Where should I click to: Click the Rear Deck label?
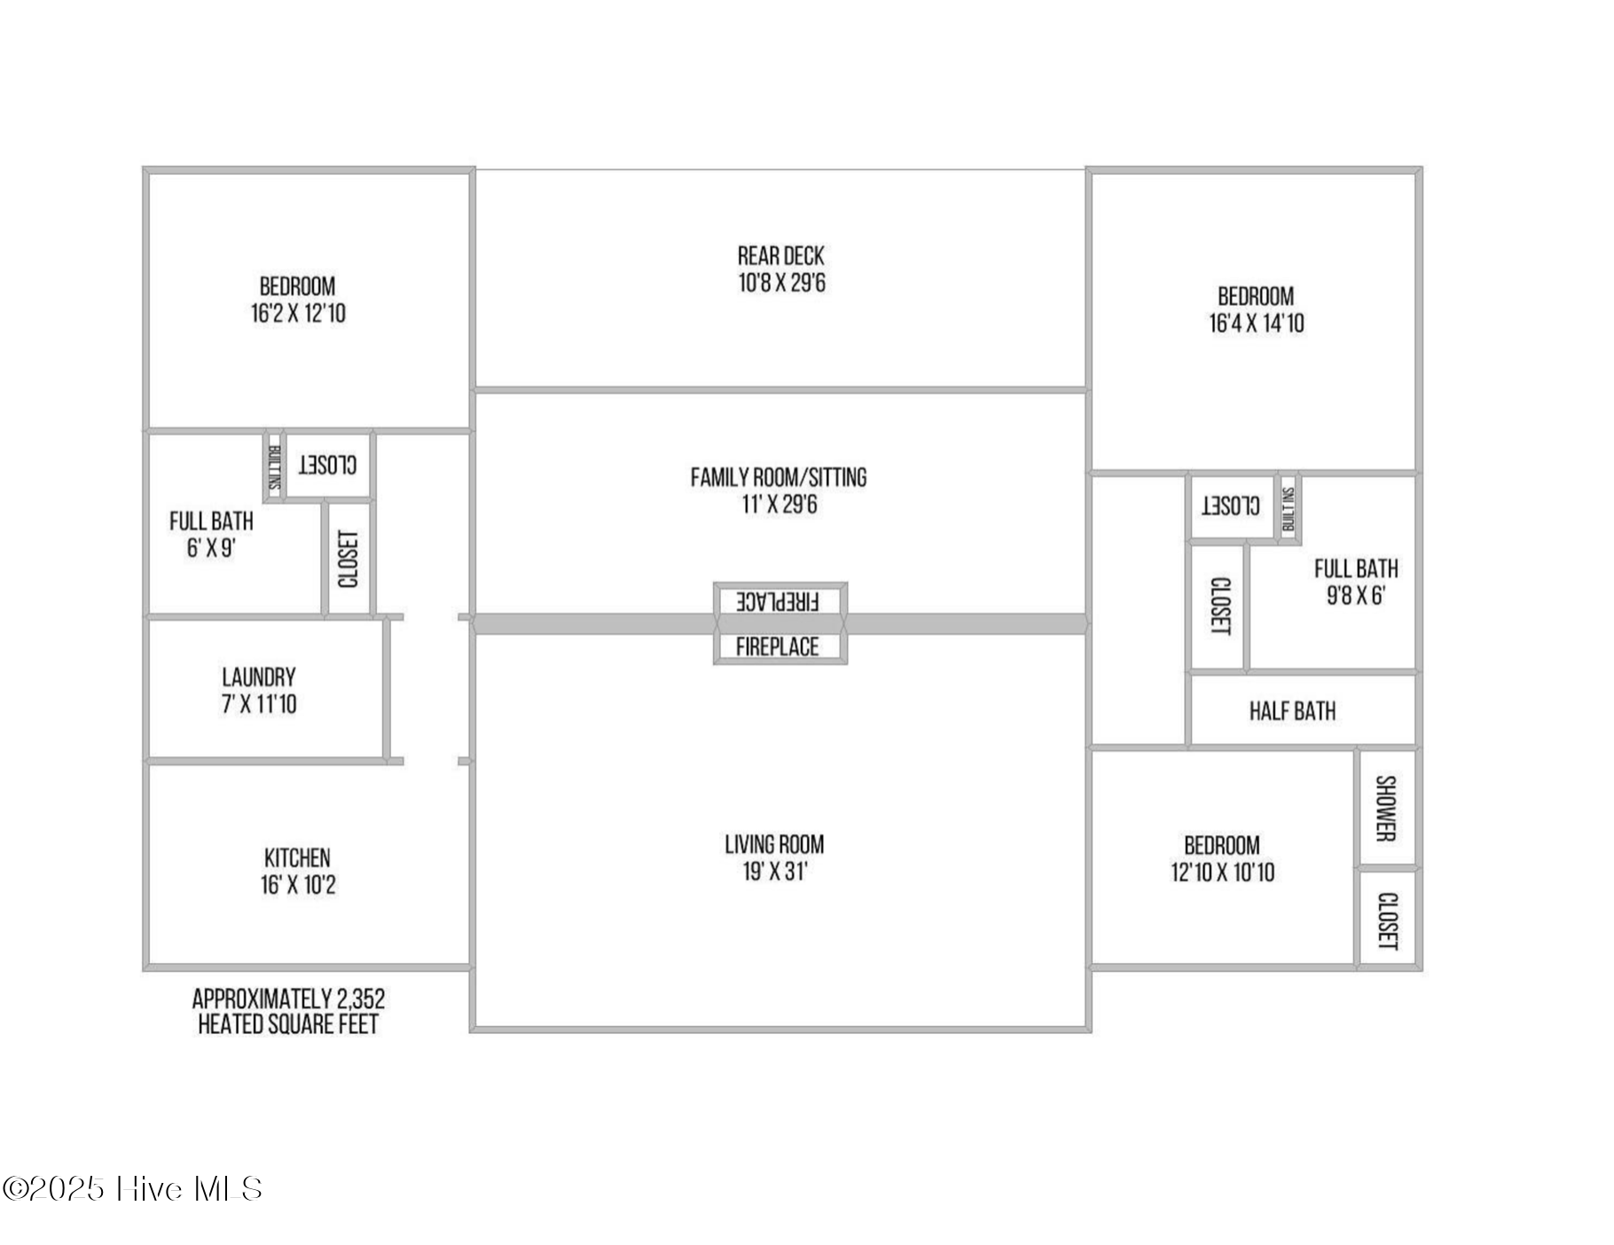click(x=780, y=256)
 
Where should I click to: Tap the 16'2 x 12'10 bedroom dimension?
click(x=298, y=314)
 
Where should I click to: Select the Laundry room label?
click(x=259, y=677)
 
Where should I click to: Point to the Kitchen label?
click(x=297, y=858)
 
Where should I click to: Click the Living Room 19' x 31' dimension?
click(x=775, y=872)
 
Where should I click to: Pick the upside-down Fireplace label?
click(x=778, y=601)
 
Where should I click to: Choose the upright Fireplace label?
click(x=778, y=646)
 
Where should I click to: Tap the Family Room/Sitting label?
click(x=779, y=478)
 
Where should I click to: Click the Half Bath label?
click(x=1292, y=711)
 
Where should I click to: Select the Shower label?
click(x=1385, y=808)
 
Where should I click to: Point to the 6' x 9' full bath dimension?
click(x=211, y=548)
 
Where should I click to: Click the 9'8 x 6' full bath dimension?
click(x=1355, y=595)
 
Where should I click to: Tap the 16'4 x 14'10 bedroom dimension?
click(x=1257, y=324)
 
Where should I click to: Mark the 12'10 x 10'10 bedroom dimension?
click(x=1222, y=873)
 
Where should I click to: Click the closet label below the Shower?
click(x=1387, y=920)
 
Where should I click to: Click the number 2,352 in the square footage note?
click(x=360, y=999)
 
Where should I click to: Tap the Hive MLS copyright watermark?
click(x=132, y=1189)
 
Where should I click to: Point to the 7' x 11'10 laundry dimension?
click(x=259, y=705)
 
